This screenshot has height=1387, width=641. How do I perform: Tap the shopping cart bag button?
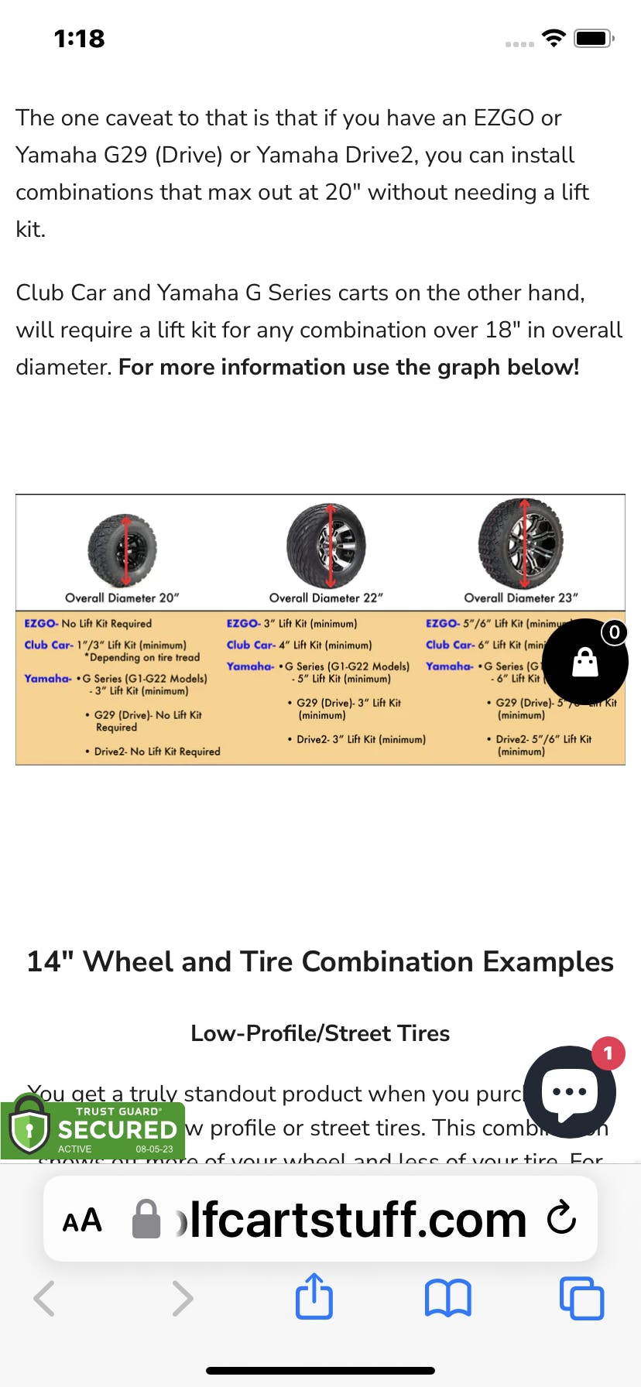[x=584, y=662]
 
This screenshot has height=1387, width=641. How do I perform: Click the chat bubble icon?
[x=570, y=1092]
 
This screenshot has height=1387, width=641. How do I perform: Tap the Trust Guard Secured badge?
[x=93, y=1130]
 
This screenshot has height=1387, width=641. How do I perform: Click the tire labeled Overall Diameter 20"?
[x=122, y=550]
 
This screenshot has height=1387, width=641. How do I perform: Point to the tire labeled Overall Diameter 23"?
[x=521, y=543]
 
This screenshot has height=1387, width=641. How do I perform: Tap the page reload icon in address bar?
[x=561, y=1218]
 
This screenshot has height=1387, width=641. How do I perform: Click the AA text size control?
[x=82, y=1221]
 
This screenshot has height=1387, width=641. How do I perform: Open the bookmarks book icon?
[x=447, y=1298]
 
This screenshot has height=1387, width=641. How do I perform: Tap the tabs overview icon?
[x=581, y=1298]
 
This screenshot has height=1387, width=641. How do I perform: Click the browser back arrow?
[x=45, y=1298]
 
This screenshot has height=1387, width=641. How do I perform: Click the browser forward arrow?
[x=182, y=1298]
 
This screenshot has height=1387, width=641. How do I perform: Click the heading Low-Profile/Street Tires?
[x=320, y=1033]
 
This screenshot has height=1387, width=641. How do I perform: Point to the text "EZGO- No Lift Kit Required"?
[x=88, y=623]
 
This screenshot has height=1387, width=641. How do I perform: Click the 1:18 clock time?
[x=79, y=39]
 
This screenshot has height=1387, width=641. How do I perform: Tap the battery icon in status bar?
[x=594, y=38]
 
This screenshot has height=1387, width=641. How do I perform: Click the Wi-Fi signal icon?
[x=554, y=38]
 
